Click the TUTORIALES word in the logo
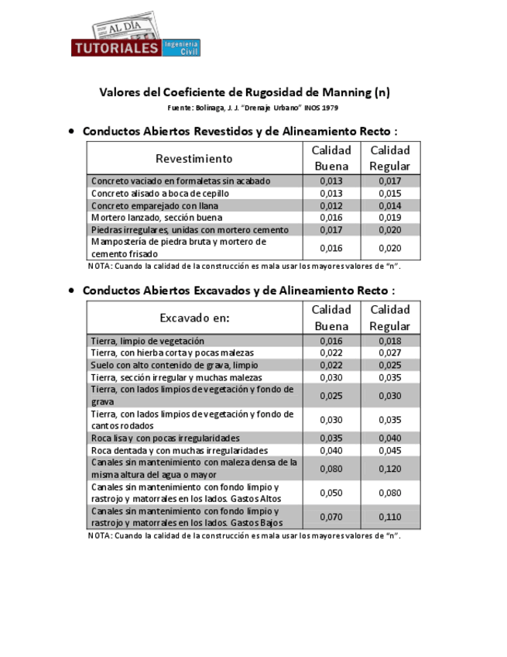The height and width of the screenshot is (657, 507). click(x=116, y=48)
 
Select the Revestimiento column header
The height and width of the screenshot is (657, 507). click(x=194, y=159)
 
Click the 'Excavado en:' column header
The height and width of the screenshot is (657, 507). click(x=194, y=318)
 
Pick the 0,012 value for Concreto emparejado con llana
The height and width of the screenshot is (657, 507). click(x=331, y=205)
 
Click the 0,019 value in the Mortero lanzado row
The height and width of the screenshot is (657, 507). click(x=389, y=218)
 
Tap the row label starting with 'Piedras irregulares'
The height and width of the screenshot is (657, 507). click(x=190, y=230)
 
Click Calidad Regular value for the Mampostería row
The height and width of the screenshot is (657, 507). click(x=389, y=248)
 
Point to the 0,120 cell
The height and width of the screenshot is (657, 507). click(x=389, y=469)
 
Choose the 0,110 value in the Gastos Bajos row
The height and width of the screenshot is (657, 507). click(x=389, y=517)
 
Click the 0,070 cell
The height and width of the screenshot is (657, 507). click(x=331, y=517)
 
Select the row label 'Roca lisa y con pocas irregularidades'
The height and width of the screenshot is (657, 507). click(x=166, y=438)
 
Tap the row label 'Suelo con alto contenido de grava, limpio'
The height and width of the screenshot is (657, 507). click(x=174, y=365)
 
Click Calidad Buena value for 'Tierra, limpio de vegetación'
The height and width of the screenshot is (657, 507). click(x=331, y=341)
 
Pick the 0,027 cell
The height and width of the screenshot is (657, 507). click(x=389, y=353)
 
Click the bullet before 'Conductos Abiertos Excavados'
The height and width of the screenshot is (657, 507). click(x=72, y=291)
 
